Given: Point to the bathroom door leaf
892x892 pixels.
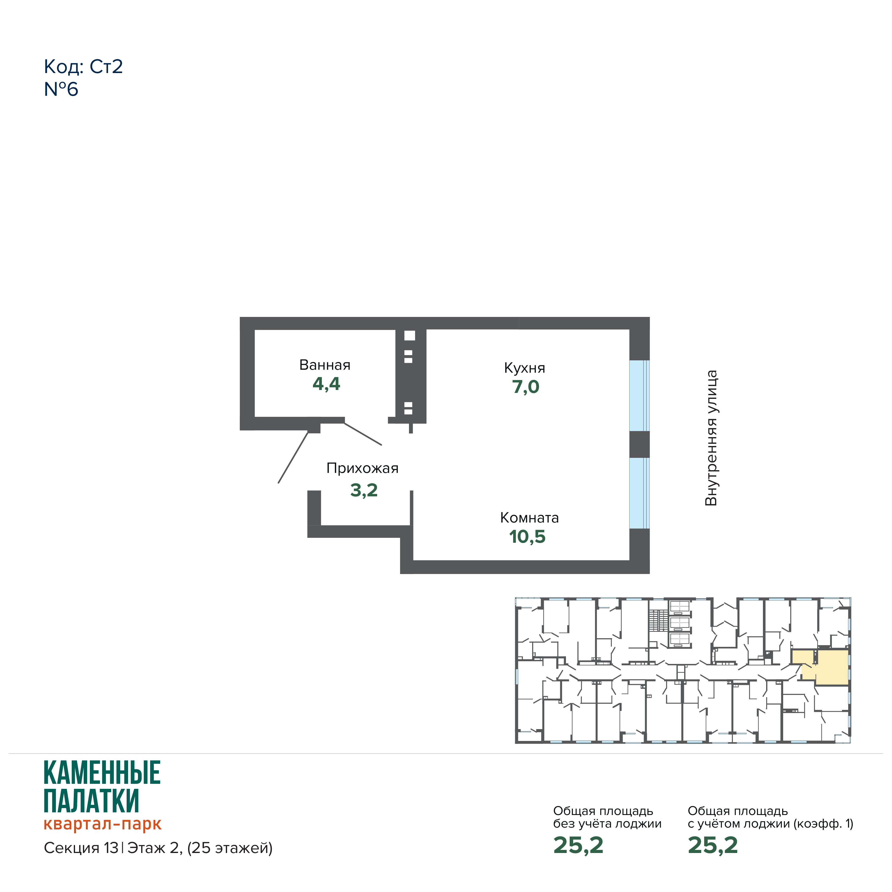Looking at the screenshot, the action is click(363, 434).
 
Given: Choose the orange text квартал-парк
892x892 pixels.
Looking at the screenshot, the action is click(102, 824).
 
